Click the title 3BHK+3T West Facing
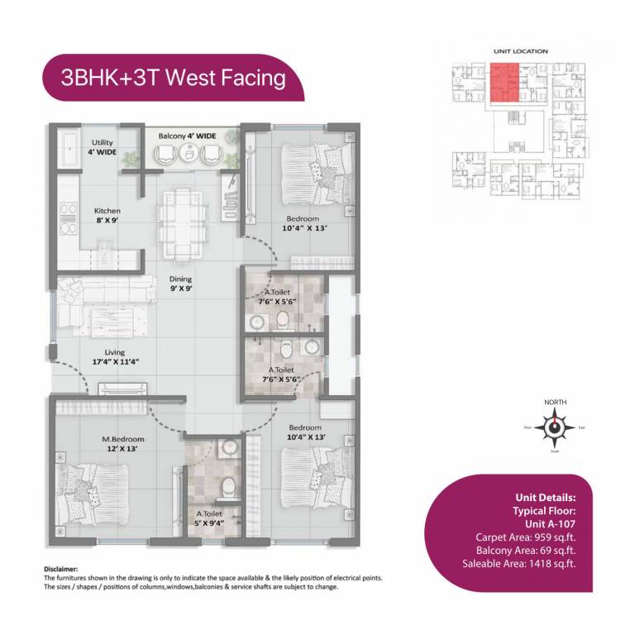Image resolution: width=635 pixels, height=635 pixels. pyautogui.click(x=173, y=78)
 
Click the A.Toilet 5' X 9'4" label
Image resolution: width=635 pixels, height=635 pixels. pyautogui.click(x=204, y=518)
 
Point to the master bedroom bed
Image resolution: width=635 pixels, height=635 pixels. pyautogui.click(x=93, y=495)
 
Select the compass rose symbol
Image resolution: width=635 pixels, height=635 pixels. pyautogui.click(x=554, y=427)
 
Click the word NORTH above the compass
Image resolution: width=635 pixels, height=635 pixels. pyautogui.click(x=555, y=402)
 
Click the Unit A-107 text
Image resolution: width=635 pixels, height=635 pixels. pyautogui.click(x=550, y=523)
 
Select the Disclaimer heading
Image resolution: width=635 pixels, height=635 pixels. pyautogui.click(x=60, y=570)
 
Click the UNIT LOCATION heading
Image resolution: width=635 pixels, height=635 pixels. pyautogui.click(x=520, y=51)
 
